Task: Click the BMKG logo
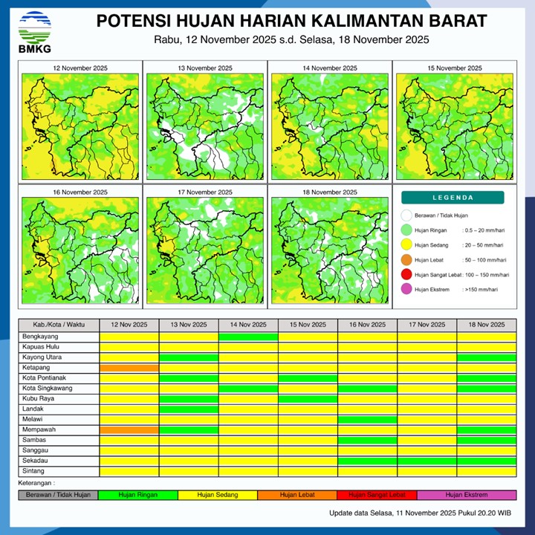pyautogui.click(x=35, y=31)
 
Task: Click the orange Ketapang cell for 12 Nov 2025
pyautogui.click(x=129, y=368)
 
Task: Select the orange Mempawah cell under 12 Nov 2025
pyautogui.click(x=129, y=430)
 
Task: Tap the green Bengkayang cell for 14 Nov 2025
pyautogui.click(x=248, y=337)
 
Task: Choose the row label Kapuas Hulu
pyautogui.click(x=41, y=347)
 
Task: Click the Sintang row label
pyautogui.click(x=34, y=471)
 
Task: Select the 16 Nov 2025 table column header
pyautogui.click(x=367, y=325)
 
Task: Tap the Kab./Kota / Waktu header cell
pyautogui.click(x=59, y=325)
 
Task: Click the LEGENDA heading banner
pyautogui.click(x=453, y=198)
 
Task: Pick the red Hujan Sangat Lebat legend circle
pyautogui.click(x=406, y=275)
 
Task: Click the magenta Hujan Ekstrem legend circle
pyautogui.click(x=406, y=290)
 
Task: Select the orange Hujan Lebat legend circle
pyautogui.click(x=406, y=260)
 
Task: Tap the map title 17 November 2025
pyautogui.click(x=204, y=192)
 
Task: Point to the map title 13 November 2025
pyautogui.click(x=204, y=68)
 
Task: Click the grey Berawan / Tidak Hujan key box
pyautogui.click(x=59, y=495)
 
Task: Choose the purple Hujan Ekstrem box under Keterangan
pyautogui.click(x=467, y=495)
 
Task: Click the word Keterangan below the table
pyautogui.click(x=39, y=483)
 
